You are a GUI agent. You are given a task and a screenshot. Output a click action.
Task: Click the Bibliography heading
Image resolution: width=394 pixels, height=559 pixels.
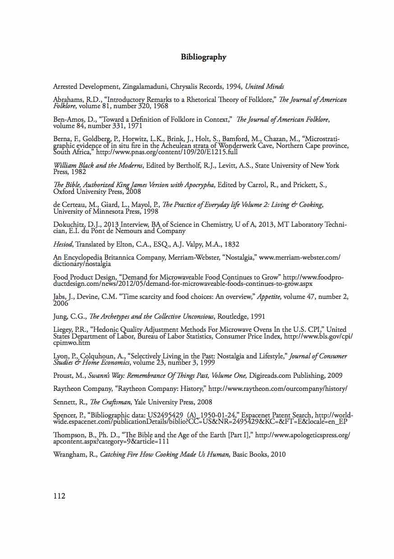click(203, 57)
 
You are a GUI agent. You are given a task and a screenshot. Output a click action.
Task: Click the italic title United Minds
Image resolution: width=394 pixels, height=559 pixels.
click(264, 86)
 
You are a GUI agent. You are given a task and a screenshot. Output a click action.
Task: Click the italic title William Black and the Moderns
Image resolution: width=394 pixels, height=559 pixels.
click(98, 165)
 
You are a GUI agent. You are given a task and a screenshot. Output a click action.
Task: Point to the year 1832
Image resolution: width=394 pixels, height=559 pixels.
click(230, 244)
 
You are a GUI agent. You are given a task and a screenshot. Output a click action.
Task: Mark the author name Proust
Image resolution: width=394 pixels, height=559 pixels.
click(64, 376)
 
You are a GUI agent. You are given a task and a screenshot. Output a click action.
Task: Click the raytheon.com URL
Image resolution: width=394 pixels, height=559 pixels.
click(278, 389)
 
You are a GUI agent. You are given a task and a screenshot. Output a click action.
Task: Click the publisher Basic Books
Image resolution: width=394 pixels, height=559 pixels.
click(250, 454)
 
